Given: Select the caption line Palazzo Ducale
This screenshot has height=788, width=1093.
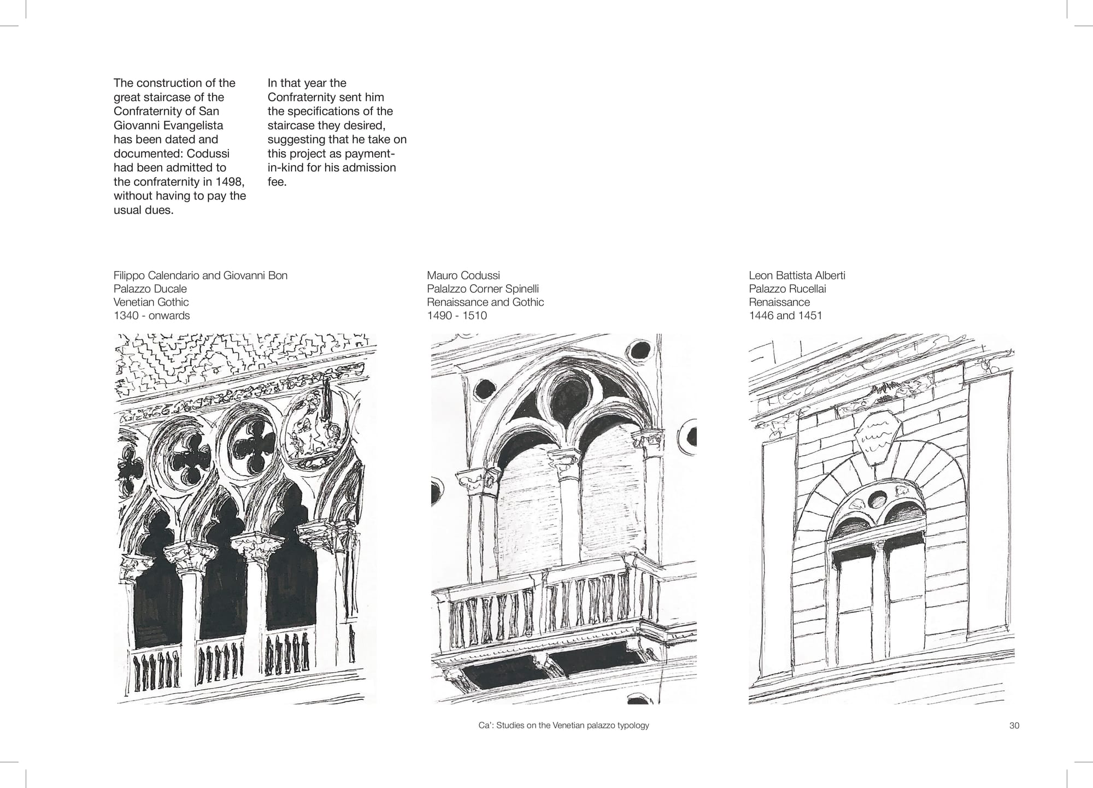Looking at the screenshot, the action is (150, 289).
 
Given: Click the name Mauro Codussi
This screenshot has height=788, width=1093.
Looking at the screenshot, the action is (463, 275).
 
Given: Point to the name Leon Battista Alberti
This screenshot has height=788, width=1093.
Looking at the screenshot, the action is (797, 275).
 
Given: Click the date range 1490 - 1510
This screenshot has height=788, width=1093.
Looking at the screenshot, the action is (457, 315).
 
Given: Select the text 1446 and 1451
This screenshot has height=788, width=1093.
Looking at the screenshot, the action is (785, 315).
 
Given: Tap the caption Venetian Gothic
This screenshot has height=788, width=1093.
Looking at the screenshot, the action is (151, 302).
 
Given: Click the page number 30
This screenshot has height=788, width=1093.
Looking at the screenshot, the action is (1014, 726).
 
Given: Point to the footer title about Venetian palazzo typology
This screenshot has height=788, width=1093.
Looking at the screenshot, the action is (563, 726).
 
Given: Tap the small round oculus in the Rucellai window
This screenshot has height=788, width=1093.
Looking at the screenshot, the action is (878, 499).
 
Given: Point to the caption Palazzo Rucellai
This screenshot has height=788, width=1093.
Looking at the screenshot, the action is (788, 289).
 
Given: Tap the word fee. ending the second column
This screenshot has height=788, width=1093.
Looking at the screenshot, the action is (277, 181).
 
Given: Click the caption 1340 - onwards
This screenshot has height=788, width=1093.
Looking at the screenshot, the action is (152, 315).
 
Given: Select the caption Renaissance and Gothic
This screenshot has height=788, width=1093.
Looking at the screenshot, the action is (486, 302).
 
